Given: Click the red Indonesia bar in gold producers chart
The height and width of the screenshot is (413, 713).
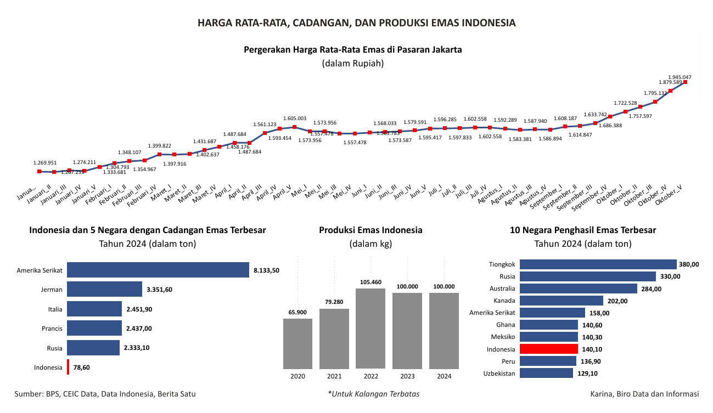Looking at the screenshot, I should [548, 349].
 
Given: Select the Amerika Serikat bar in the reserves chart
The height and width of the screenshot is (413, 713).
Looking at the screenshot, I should [158, 270].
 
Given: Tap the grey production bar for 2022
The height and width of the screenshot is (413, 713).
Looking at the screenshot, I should [370, 328].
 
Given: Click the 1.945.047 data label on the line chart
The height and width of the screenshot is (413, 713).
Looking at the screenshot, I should [680, 77].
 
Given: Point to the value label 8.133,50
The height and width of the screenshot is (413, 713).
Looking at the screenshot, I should [267, 270].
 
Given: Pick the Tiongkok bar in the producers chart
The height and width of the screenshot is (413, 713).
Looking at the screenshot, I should [598, 264].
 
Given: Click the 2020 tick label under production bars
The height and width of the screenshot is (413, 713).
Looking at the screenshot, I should [297, 376].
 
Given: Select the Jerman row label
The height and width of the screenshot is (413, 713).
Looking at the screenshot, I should [52, 290].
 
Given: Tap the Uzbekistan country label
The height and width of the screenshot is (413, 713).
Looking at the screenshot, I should [499, 373].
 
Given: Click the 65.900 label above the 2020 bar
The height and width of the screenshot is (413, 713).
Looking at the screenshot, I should [297, 312].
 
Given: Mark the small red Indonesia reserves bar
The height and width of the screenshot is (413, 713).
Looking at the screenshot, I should [68, 367].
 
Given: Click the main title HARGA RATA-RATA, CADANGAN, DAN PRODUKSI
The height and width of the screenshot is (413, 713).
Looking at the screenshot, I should [357, 23].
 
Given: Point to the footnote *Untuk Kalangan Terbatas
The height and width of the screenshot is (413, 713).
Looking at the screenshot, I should [373, 394].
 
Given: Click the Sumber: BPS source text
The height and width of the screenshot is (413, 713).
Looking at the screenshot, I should [105, 394].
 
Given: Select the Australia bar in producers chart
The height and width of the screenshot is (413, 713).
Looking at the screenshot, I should [578, 288].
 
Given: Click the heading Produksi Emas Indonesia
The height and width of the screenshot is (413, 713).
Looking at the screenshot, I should [370, 230].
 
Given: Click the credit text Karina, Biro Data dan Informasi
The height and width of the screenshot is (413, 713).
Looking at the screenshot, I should [644, 394].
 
